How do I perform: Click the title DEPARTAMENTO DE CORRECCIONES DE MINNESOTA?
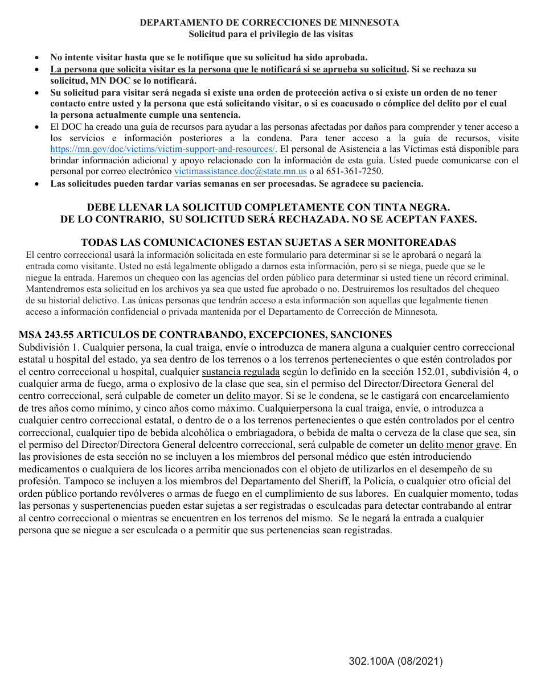[269, 23]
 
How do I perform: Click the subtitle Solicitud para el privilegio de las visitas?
[270, 34]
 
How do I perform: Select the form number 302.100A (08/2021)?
[396, 661]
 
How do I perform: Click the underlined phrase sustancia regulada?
[241, 372]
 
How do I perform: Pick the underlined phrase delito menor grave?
[460, 444]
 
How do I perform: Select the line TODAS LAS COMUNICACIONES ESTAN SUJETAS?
[268, 242]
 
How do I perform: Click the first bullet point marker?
[37, 57]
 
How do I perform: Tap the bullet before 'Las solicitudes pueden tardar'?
[37, 184]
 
